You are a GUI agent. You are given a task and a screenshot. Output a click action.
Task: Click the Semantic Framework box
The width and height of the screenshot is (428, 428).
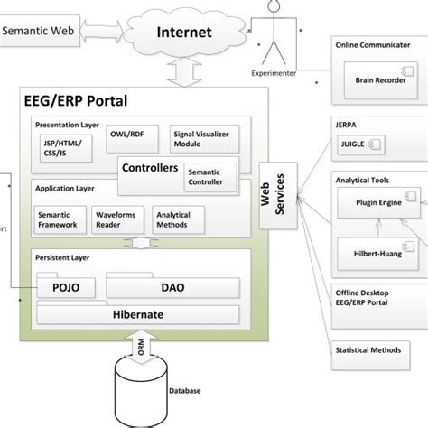tap(59, 219)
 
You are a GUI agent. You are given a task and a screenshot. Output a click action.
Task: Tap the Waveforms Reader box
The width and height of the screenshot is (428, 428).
tap(117, 219)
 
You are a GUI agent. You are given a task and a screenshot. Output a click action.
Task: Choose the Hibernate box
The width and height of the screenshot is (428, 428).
tap(137, 315)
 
